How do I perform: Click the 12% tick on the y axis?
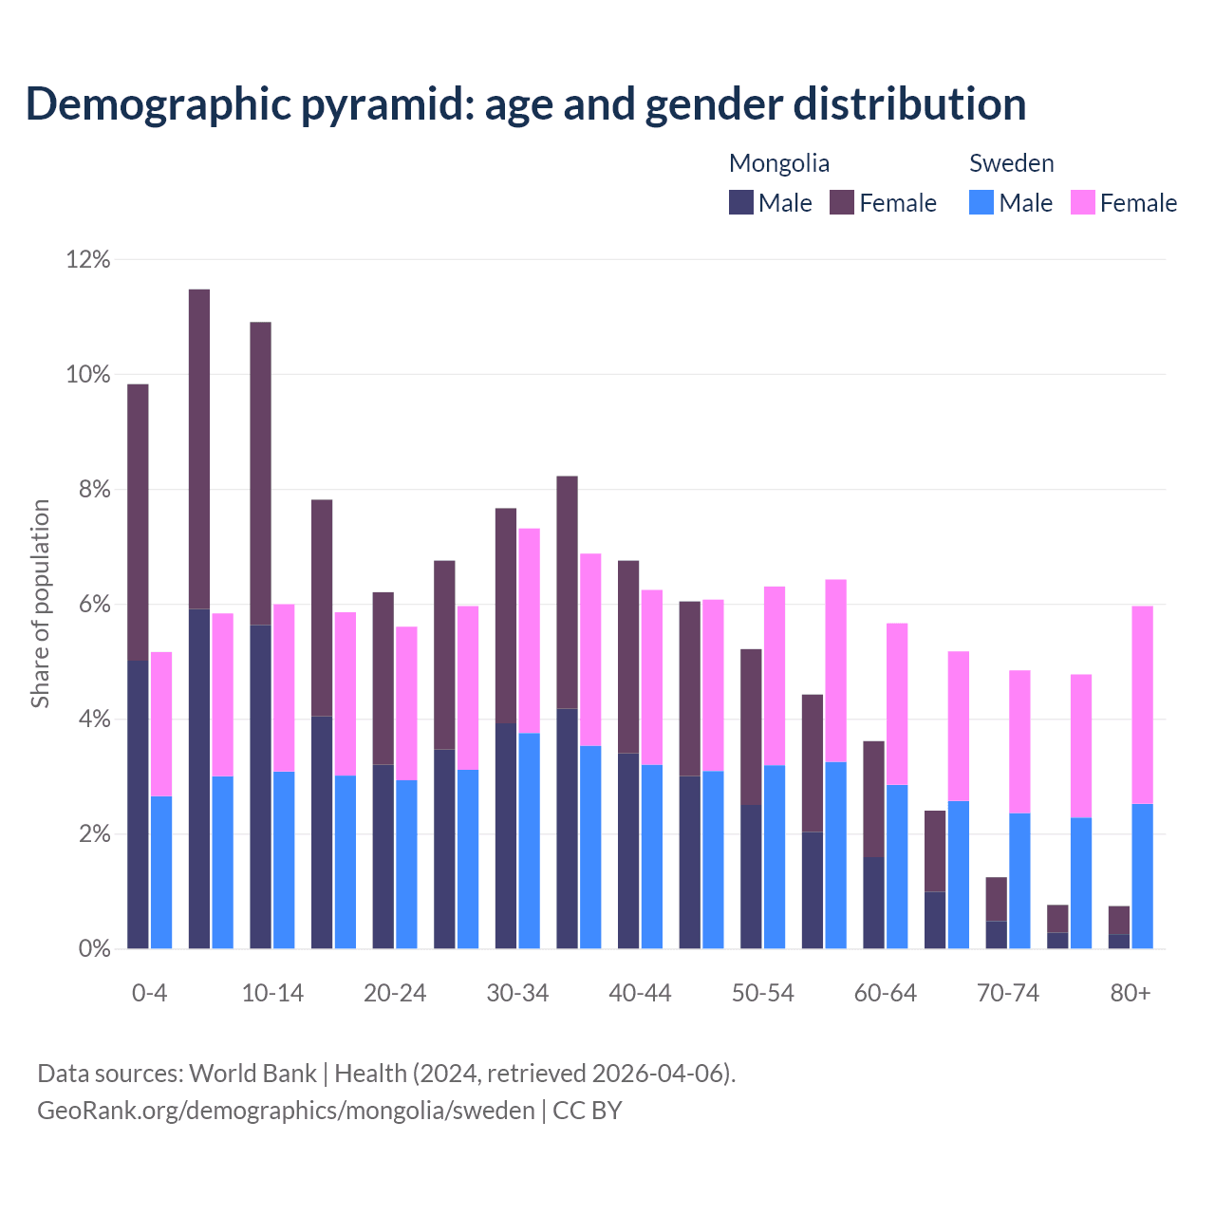tap(88, 259)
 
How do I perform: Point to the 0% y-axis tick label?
tap(93, 948)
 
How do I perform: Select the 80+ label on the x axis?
tap(1131, 993)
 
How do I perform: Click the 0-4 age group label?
tap(149, 993)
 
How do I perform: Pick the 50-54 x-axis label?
tap(763, 993)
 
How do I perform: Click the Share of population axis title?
tap(40, 604)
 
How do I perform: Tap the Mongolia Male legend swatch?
tap(741, 202)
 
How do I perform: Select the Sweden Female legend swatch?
tap(1083, 202)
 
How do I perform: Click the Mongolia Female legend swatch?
tap(842, 202)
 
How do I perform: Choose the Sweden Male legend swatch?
tap(981, 202)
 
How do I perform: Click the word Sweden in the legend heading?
tap(1011, 163)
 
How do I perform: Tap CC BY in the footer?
tap(588, 1110)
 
